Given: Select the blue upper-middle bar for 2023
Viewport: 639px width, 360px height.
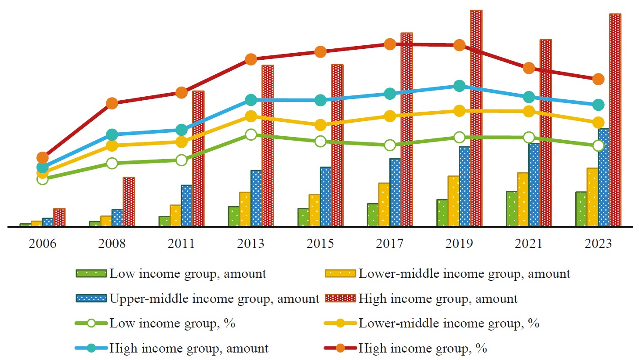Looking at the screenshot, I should click(603, 178).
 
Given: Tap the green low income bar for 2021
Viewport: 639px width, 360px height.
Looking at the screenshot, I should click(511, 209).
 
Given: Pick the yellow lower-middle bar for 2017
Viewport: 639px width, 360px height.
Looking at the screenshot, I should click(384, 204).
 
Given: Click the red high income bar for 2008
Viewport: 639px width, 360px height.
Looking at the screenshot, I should click(128, 202).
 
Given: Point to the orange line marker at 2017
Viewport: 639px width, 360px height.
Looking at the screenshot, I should click(390, 44).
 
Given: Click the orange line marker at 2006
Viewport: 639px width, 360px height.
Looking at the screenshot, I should click(43, 157).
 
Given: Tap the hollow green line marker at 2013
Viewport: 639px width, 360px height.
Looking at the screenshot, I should click(251, 135).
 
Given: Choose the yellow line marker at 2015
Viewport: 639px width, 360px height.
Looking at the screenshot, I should click(320, 125).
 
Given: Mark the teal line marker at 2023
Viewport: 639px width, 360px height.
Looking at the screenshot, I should click(598, 105).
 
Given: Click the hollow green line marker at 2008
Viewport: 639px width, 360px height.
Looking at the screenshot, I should click(112, 163).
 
